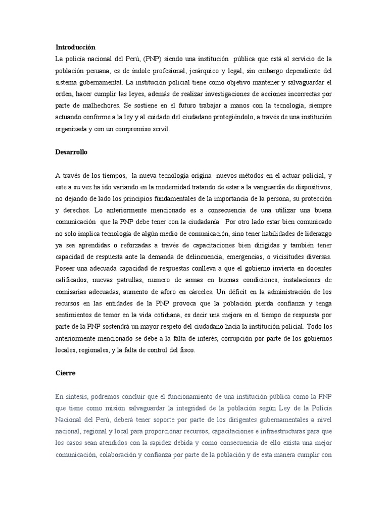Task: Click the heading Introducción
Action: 75,46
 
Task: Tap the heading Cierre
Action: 66,373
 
